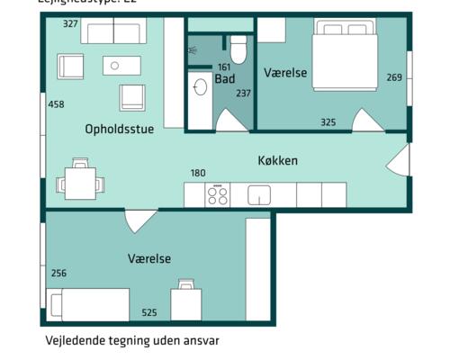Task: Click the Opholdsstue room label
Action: [x=119, y=129]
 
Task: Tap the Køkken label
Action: [x=278, y=161]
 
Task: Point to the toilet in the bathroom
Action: [x=238, y=47]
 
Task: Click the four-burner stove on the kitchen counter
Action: [x=218, y=194]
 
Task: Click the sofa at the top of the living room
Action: [x=112, y=32]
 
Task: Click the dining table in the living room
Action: [x=79, y=184]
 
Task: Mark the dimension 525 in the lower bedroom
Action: [x=149, y=313]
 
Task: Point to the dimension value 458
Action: [x=56, y=104]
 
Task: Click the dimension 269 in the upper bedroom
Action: [x=394, y=77]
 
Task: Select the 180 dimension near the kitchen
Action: [x=198, y=173]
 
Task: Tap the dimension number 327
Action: [x=70, y=23]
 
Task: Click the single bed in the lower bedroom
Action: [x=89, y=304]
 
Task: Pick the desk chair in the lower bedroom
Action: [x=186, y=285]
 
